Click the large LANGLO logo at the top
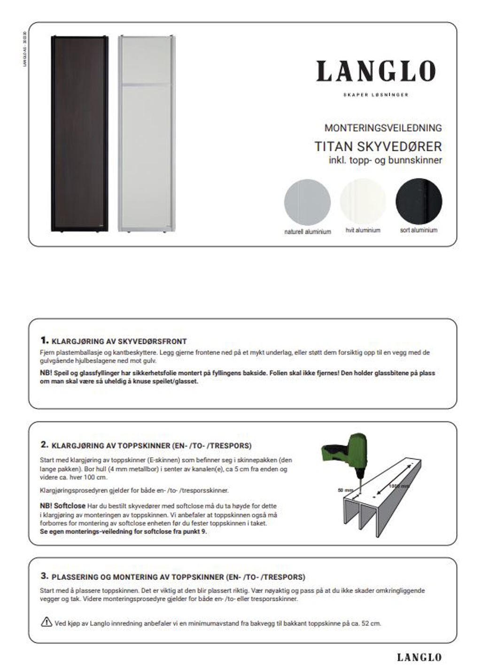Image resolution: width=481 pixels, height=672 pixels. [376, 72]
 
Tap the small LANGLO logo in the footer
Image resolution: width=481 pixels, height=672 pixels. [419, 657]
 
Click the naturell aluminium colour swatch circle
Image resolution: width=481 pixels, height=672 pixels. [307, 202]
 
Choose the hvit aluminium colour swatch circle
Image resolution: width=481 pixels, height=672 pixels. [363, 202]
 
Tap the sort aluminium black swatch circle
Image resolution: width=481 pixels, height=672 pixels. [419, 202]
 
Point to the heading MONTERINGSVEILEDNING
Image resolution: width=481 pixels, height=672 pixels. [383, 128]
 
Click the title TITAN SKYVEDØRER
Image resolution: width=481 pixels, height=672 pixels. [378, 147]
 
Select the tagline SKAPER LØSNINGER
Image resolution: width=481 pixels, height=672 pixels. [376, 95]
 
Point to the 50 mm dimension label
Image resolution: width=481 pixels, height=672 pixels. [345, 490]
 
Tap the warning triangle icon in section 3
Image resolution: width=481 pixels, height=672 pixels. [47, 623]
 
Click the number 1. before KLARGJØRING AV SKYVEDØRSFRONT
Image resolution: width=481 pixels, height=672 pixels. [44, 340]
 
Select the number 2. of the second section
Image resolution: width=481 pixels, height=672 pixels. [44, 444]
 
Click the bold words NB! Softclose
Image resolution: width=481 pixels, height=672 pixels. [63, 506]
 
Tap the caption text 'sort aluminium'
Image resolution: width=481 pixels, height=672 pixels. [419, 230]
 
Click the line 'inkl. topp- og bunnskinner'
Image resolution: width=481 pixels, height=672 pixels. [385, 161]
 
